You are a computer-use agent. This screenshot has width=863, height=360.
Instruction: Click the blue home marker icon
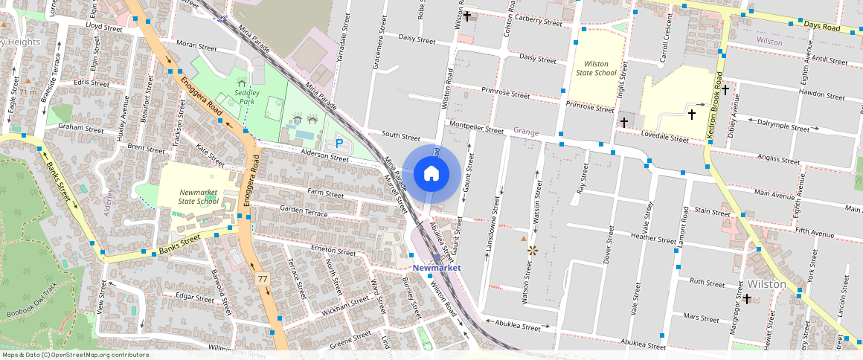(x=431, y=174)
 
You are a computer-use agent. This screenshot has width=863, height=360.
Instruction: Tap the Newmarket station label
(x=437, y=267)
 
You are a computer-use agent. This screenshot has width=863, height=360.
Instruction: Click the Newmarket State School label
(x=199, y=196)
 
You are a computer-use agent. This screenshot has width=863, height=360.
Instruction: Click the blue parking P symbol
(x=339, y=142)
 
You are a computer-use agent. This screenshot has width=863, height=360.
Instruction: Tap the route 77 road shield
(x=262, y=279)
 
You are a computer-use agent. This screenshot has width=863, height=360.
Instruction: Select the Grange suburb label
(x=525, y=131)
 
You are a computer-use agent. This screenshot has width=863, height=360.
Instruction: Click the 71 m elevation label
(x=28, y=91)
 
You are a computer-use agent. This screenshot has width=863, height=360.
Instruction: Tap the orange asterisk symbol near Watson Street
(x=533, y=251)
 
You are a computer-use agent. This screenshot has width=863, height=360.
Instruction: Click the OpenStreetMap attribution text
(x=75, y=355)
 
